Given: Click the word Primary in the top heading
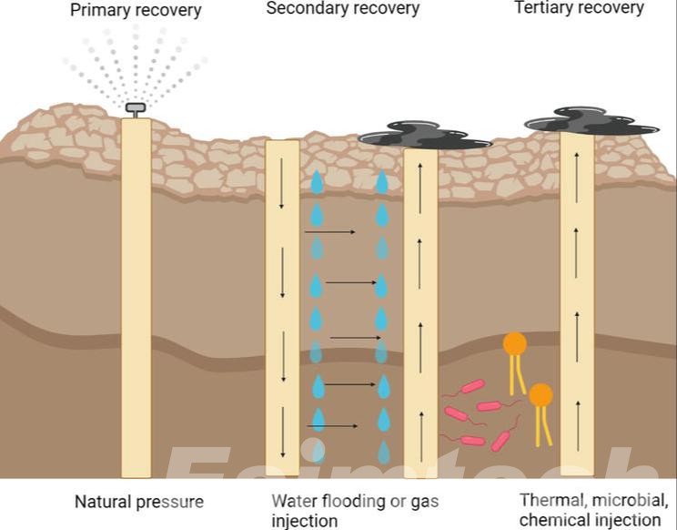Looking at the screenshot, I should pyautogui.click(x=101, y=11).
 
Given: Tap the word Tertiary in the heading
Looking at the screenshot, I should pyautogui.click(x=545, y=8).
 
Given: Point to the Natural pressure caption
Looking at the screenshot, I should pyautogui.click(x=138, y=502).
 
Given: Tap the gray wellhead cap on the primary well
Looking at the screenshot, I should pyautogui.click(x=136, y=108).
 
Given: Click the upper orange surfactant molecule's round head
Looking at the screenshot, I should pyautogui.click(x=515, y=343).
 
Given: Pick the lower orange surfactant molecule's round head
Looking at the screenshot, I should pyautogui.click(x=541, y=394).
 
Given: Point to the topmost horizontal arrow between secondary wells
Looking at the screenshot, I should pyautogui.click(x=329, y=232).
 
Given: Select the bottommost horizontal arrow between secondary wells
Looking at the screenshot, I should pyautogui.click(x=332, y=426).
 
